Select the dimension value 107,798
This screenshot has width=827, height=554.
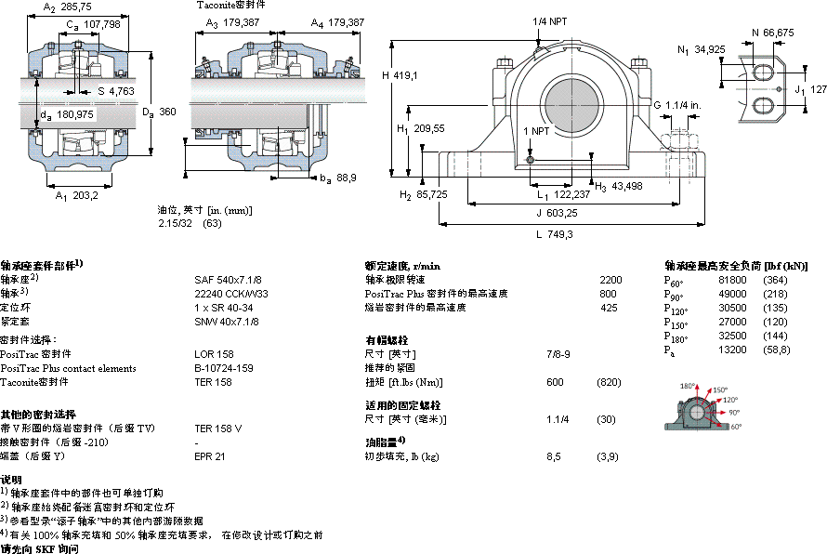tap(101, 25)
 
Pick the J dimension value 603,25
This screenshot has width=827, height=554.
tap(557, 213)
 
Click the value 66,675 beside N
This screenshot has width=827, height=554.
tap(779, 33)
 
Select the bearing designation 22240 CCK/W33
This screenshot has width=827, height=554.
tap(230, 293)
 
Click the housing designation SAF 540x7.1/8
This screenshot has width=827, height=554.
tap(228, 279)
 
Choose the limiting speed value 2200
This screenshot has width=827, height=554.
tap(610, 279)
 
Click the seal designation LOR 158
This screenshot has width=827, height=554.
tap(213, 354)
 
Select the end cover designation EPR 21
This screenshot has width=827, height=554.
tap(210, 456)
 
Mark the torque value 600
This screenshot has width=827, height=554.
tap(555, 382)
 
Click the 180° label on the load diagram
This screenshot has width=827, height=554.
tap(689, 386)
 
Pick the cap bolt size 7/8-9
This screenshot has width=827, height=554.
tap(558, 354)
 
